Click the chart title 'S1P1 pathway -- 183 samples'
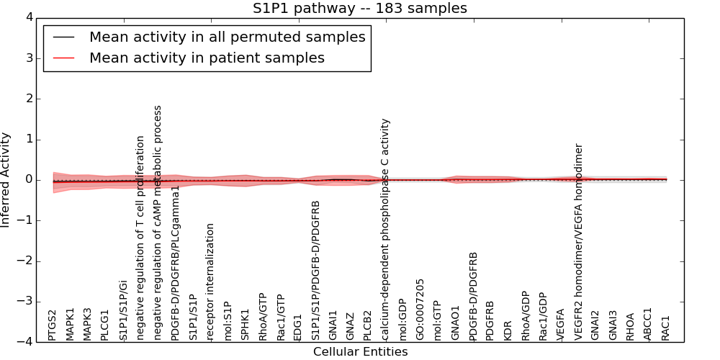(x=359, y=9)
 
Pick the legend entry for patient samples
(x=207, y=58)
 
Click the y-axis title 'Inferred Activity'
(x=6, y=180)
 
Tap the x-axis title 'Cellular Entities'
(x=360, y=352)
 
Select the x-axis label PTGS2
(x=53, y=325)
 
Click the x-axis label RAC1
(x=666, y=328)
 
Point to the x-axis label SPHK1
(x=246, y=325)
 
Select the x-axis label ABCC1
(x=648, y=324)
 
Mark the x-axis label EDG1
(x=298, y=327)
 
